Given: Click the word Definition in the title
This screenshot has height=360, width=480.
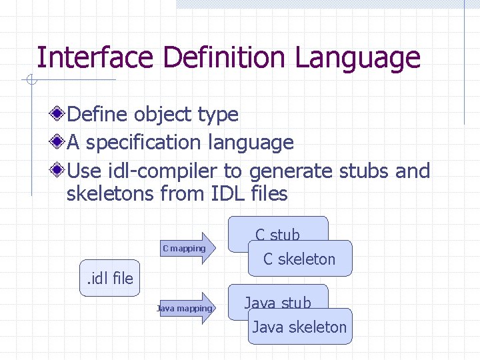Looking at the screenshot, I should (x=225, y=58).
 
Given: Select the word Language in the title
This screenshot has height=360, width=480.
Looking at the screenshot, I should (x=357, y=58).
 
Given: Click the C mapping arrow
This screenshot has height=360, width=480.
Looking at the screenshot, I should (x=189, y=249).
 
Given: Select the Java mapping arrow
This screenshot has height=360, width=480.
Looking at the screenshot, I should (x=187, y=308).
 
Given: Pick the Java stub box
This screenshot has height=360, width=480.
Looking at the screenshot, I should (x=278, y=297).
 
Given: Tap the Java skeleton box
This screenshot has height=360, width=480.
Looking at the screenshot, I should (x=299, y=327).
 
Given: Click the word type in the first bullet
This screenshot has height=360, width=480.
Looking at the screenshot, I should (x=218, y=114).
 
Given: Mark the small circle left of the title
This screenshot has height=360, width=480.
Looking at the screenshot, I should (x=30, y=81).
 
